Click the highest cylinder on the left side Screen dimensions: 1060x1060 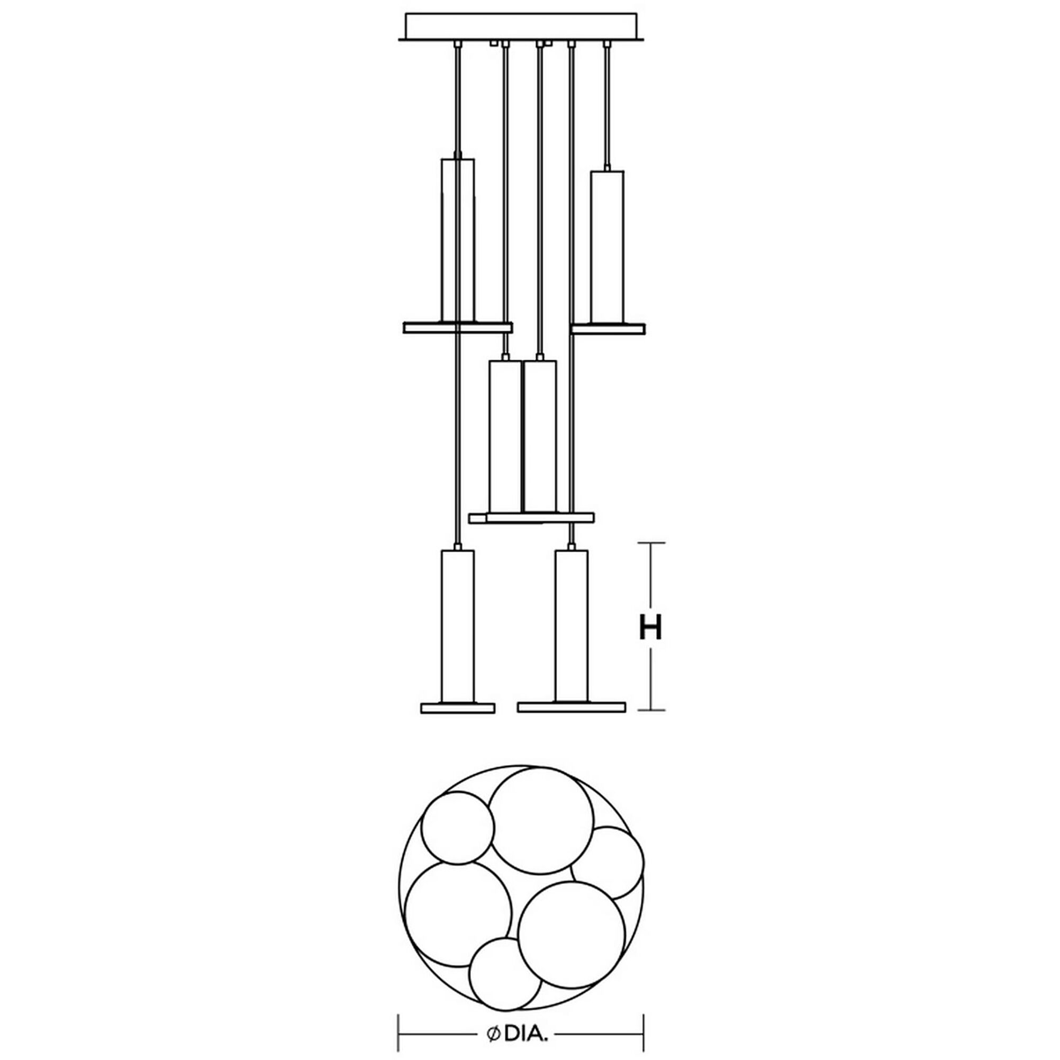(x=458, y=240)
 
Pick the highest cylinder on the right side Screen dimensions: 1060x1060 (x=608, y=247)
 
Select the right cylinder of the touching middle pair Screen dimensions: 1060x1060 (x=540, y=436)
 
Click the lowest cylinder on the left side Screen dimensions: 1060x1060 (x=458, y=627)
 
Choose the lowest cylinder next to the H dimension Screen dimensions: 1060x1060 (x=572, y=627)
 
